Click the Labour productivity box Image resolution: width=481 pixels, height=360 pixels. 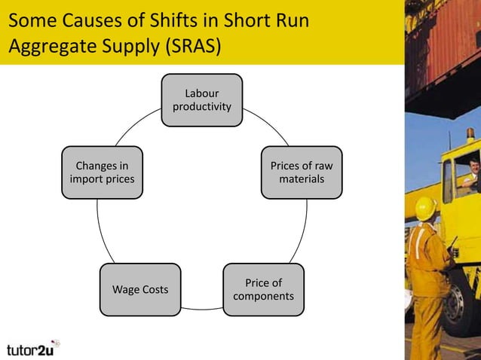pos(201,101)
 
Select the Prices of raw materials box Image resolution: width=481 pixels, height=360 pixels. pos(301,172)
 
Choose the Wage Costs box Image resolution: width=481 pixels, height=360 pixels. pos(140,290)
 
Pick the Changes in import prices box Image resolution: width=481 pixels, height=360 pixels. pos(101,172)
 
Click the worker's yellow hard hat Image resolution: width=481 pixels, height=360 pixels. pos(426,207)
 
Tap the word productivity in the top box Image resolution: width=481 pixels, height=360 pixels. pos(201,108)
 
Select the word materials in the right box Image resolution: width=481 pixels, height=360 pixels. pos(301,179)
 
